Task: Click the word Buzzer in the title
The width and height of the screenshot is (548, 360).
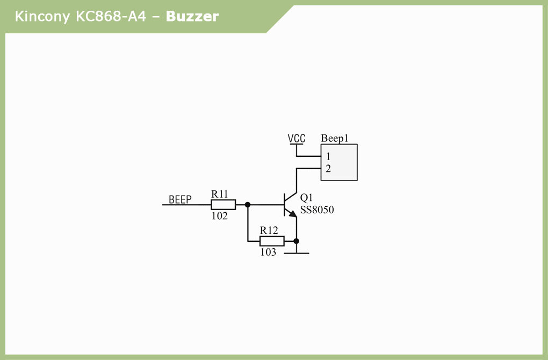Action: point(192,17)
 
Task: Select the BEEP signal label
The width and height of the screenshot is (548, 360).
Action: point(180,200)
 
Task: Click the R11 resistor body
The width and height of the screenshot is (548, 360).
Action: point(223,205)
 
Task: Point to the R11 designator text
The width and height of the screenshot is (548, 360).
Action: point(220,193)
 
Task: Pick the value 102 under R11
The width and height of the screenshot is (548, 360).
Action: point(219,216)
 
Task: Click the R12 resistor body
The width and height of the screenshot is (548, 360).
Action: point(272,241)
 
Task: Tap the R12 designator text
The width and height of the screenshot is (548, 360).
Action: point(269,230)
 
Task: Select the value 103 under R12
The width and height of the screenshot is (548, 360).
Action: point(268,252)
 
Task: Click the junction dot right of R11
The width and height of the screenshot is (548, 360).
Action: point(248,205)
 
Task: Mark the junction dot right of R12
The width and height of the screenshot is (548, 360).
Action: point(296,241)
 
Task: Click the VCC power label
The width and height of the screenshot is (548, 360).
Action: point(296,139)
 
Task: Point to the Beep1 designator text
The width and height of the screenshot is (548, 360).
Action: point(335,139)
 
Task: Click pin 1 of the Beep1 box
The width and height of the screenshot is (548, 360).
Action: point(328,156)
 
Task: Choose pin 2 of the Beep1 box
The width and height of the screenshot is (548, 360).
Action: point(328,169)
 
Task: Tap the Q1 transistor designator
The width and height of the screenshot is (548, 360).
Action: point(306,198)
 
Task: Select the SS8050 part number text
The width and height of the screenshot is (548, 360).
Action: point(317,210)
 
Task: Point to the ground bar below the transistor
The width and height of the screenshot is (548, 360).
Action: point(296,253)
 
